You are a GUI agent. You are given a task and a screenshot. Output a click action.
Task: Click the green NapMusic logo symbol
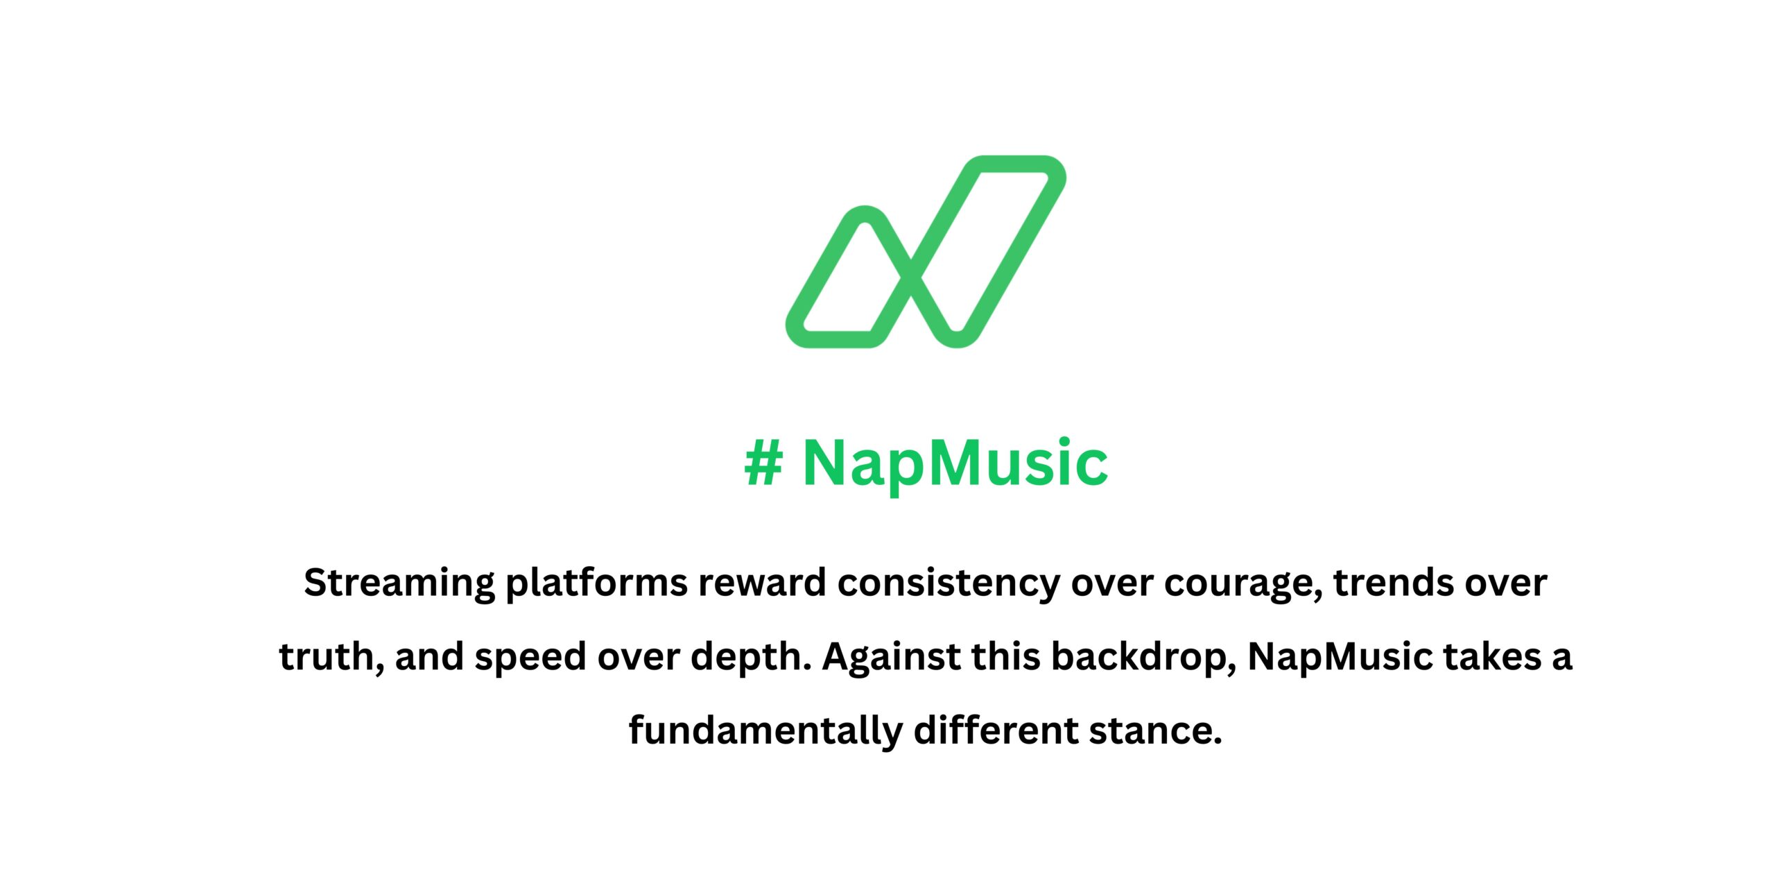[x=925, y=251]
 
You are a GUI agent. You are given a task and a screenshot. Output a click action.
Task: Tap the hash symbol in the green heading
[x=763, y=463]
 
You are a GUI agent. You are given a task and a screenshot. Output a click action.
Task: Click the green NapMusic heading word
[x=955, y=463]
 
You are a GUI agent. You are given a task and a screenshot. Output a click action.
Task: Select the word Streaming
[x=399, y=583]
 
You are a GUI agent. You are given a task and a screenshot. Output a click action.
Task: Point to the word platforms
[x=596, y=583]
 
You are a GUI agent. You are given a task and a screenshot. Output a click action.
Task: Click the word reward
[x=762, y=583]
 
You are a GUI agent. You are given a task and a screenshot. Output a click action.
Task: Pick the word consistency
[x=949, y=583]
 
